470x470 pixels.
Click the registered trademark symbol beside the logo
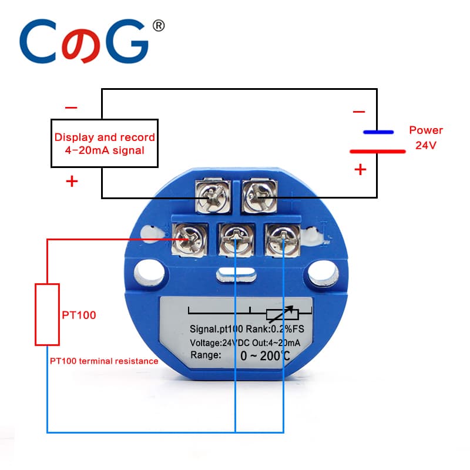pyautogui.click(x=158, y=26)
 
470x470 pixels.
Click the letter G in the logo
pyautogui.click(x=125, y=43)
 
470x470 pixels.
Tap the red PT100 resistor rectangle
pyautogui.click(x=47, y=314)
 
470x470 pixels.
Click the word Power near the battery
pyautogui.click(x=426, y=130)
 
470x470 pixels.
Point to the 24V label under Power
pyautogui.click(x=426, y=145)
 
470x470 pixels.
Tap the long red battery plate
pyautogui.click(x=377, y=151)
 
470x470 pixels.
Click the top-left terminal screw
pyautogui.click(x=209, y=198)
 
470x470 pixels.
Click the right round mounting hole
pyautogui.click(x=323, y=271)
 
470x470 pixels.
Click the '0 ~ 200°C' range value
pyautogui.click(x=265, y=355)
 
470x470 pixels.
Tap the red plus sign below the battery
pyautogui.click(x=360, y=170)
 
